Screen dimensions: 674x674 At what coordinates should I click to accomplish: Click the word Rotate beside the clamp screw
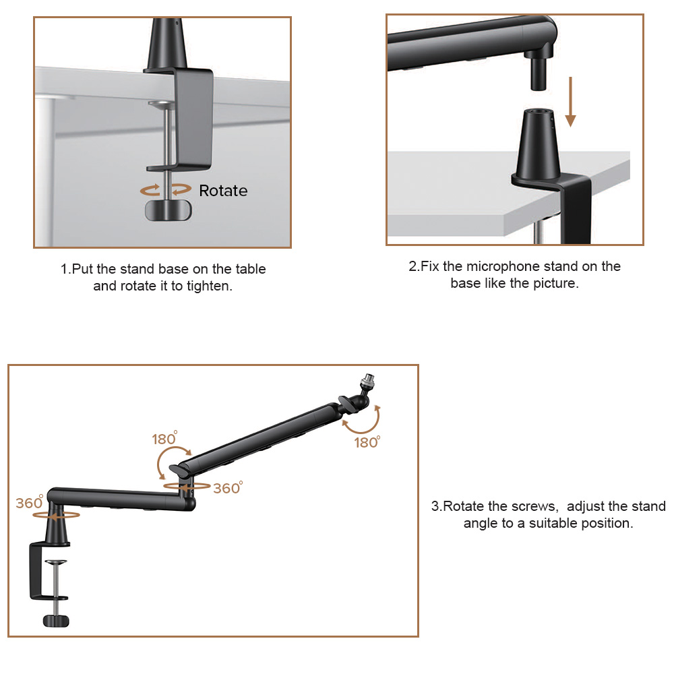click(223, 191)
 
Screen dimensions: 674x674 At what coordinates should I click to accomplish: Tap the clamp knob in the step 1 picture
click(168, 210)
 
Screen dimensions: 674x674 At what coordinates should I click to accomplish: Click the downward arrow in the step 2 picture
click(570, 102)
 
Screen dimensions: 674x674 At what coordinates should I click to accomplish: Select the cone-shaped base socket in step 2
click(538, 144)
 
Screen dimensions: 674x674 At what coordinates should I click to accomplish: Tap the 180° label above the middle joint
click(164, 438)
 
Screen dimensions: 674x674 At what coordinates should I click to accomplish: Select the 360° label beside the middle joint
click(228, 488)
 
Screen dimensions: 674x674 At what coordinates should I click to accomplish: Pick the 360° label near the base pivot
click(30, 502)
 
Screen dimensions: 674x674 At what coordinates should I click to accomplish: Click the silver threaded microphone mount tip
click(369, 380)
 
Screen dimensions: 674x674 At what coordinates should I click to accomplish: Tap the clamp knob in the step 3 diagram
click(56, 621)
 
